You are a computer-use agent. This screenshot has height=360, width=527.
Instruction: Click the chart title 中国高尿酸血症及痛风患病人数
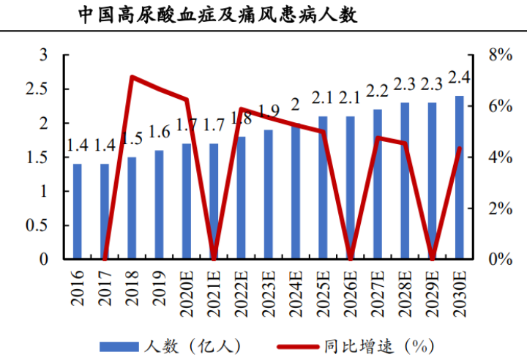[x=217, y=15]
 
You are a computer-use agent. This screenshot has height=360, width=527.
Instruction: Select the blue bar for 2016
[x=78, y=211]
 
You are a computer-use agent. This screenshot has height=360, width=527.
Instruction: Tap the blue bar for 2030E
[x=459, y=178]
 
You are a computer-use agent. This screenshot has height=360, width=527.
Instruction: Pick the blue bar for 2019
[x=159, y=205]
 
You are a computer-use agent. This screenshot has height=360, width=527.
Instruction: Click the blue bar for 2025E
[x=323, y=188]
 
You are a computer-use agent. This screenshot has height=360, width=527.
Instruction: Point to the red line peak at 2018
[x=132, y=77]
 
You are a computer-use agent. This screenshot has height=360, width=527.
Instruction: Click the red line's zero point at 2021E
[x=214, y=258]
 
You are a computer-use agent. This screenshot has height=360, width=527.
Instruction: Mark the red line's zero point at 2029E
[x=432, y=258]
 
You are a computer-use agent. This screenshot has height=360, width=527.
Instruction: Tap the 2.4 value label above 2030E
[x=459, y=77]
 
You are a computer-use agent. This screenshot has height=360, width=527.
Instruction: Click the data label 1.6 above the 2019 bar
[x=160, y=132]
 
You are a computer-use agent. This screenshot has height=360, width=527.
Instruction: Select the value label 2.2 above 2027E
[x=377, y=91]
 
